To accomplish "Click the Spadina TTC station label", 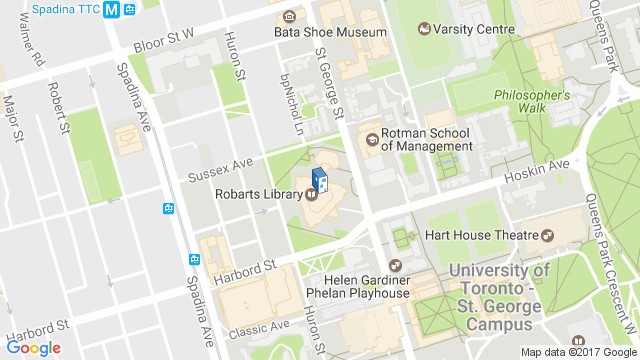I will pos(67,10).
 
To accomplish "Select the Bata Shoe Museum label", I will pos(330,32).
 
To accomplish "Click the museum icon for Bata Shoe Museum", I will pos(289,17).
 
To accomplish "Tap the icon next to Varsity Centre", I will pos(425,28).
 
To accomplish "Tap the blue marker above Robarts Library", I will pos(318,179).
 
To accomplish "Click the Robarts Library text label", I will pos(258,194).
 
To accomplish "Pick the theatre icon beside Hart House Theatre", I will pos(547,236).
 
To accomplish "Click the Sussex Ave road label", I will pos(222,170).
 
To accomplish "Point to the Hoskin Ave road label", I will pos(535,169).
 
